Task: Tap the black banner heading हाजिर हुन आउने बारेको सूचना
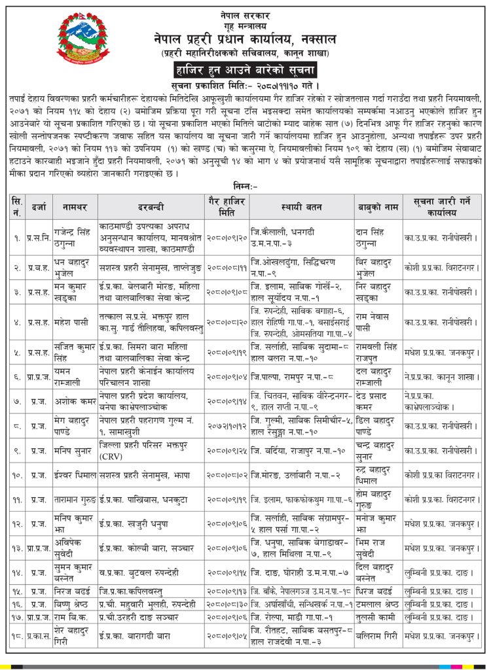click(245, 69)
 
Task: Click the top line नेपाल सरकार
click(244, 14)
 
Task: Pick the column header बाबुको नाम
click(378, 206)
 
